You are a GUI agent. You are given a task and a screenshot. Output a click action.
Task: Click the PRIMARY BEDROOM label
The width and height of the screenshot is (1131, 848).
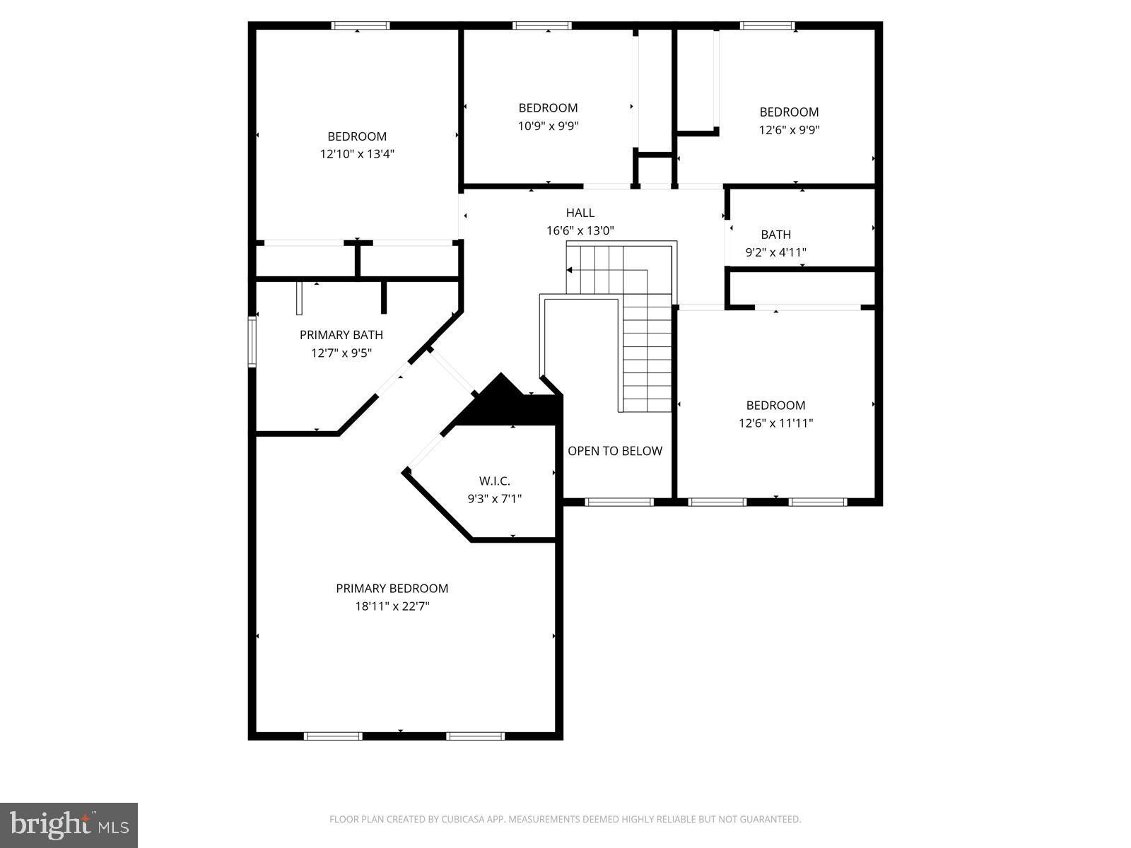pos(392,588)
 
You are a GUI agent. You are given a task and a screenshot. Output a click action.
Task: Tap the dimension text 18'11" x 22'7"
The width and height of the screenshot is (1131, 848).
pos(392,606)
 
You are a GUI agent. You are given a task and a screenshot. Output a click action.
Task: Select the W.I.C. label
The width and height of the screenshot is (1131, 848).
pos(494,481)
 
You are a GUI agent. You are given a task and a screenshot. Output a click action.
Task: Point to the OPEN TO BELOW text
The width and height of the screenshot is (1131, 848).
pos(615,451)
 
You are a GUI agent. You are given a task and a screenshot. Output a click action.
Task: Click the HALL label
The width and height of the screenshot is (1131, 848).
pos(580,213)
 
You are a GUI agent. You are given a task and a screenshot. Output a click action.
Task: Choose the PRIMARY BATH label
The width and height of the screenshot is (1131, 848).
pos(341,335)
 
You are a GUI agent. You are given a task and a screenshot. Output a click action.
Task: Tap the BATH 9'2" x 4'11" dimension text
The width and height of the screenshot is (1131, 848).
pos(775,252)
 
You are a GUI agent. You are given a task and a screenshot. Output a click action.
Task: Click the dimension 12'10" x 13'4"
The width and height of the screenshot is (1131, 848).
pos(357,154)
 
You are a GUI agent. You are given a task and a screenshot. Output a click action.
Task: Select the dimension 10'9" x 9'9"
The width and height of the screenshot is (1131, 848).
pos(548,126)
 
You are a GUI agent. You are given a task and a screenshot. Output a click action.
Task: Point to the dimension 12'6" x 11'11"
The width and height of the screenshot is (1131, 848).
pos(775,423)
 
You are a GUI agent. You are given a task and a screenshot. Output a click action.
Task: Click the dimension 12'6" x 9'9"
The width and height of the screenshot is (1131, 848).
pos(789,130)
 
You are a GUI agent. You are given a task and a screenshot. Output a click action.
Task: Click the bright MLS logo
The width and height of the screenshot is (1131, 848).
pos(69,825)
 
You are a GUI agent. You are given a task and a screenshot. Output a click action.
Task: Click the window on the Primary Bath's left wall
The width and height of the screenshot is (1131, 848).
pos(252,342)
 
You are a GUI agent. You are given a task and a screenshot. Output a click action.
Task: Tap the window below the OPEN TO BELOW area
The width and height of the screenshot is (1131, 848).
pos(619,502)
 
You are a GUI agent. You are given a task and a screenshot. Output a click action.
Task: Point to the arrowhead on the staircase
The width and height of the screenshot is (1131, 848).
pos(570,270)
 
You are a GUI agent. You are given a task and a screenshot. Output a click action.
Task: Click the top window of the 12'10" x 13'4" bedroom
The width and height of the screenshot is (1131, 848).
pos(361,26)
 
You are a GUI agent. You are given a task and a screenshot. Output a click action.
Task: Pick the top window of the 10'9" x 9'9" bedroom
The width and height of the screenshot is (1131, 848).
pos(542,26)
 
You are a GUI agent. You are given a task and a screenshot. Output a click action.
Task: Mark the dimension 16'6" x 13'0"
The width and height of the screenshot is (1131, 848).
pos(580,230)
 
